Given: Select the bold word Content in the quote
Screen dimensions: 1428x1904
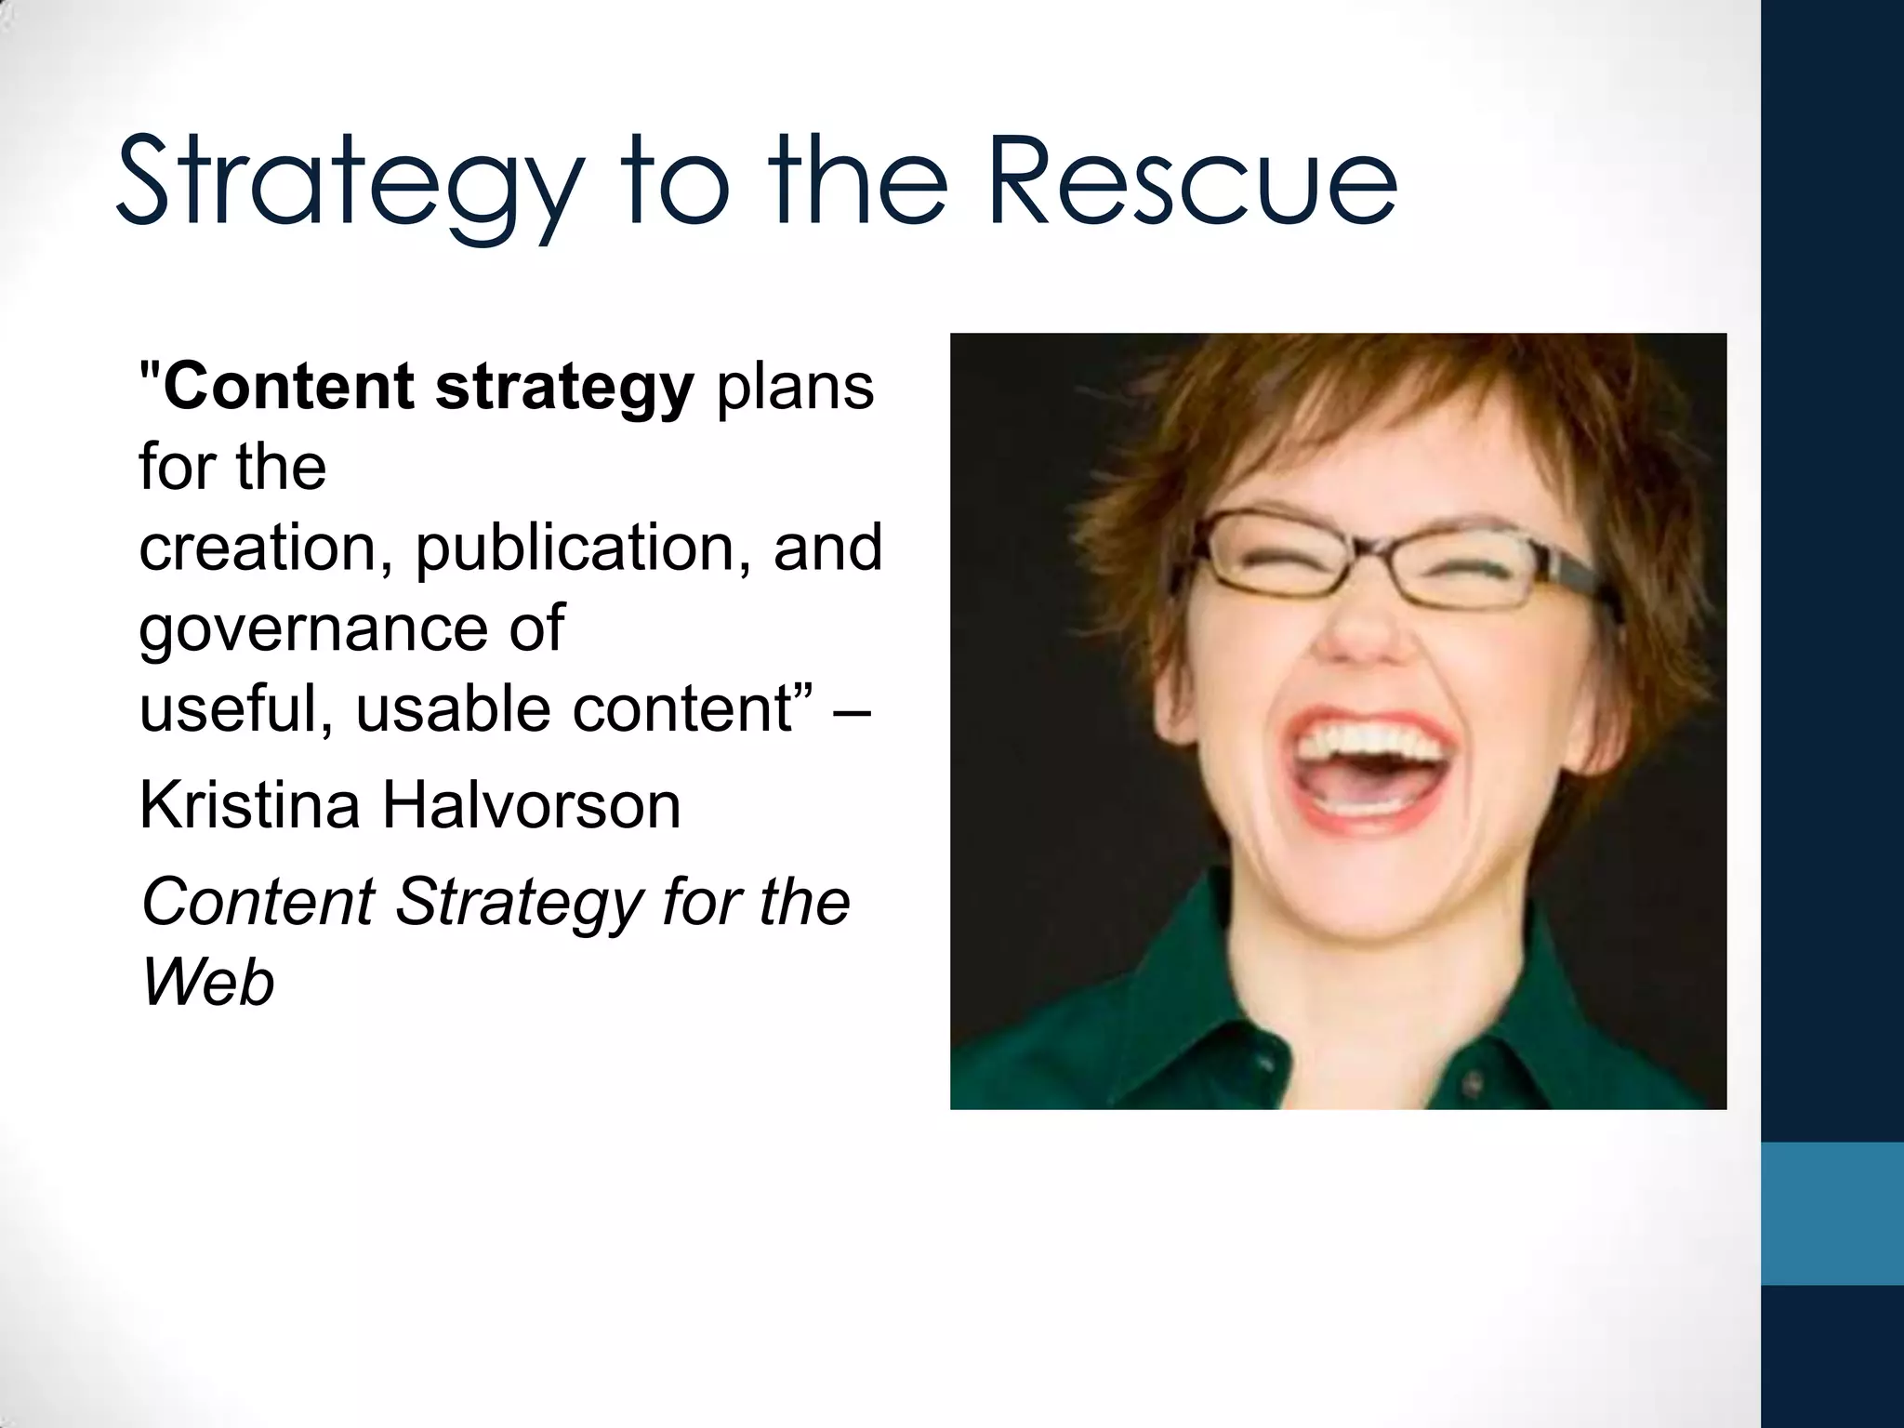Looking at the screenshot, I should pyautogui.click(x=287, y=386).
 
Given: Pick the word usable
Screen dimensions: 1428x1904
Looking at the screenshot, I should pyautogui.click(x=455, y=709).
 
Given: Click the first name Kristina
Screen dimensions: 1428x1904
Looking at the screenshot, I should pyautogui.click(x=249, y=805).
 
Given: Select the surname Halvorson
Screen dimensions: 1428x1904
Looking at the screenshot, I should pyautogui.click(x=532, y=805).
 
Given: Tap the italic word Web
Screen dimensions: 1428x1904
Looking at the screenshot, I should pyautogui.click(x=207, y=983).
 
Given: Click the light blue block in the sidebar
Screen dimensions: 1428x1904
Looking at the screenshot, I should pyautogui.click(x=1832, y=1212).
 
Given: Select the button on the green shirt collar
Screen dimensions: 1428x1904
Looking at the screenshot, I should pyautogui.click(x=1474, y=1084).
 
